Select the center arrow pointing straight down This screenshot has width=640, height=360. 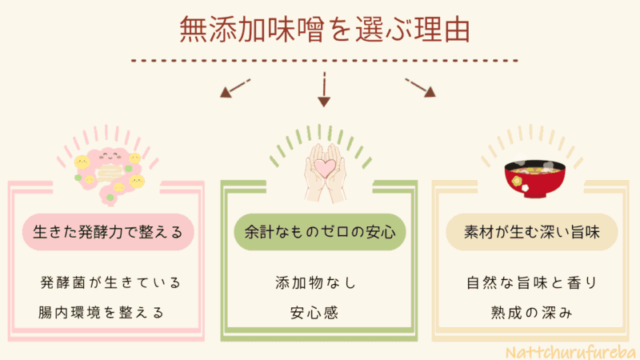pyautogui.click(x=324, y=89)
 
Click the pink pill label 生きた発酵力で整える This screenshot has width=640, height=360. pyautogui.click(x=108, y=233)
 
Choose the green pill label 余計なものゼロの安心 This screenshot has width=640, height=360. pyautogui.click(x=319, y=233)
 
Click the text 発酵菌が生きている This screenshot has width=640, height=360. pyautogui.click(x=110, y=283)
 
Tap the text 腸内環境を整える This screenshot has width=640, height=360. pyautogui.click(x=102, y=312)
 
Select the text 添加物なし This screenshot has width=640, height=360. pyautogui.click(x=314, y=283)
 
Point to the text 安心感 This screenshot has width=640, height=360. pyautogui.click(x=314, y=312)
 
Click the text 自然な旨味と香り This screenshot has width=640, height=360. pyautogui.click(x=531, y=283)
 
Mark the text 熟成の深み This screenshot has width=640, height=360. pyautogui.click(x=531, y=312)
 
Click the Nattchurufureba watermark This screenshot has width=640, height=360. pyautogui.click(x=572, y=350)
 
